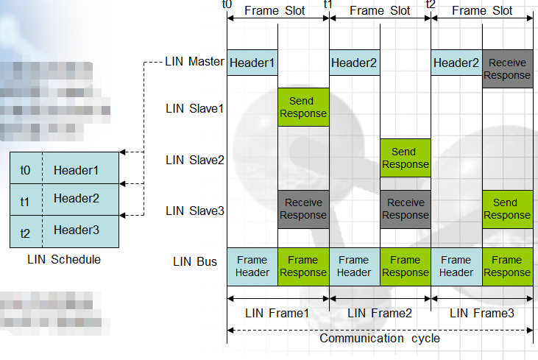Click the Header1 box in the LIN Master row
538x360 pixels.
pyautogui.click(x=252, y=63)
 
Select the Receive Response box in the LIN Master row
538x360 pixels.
pyautogui.click(x=507, y=69)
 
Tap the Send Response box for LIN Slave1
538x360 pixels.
pyautogui.click(x=302, y=107)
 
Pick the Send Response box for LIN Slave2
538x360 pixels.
pyautogui.click(x=405, y=158)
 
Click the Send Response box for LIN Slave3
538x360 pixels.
pyautogui.click(x=507, y=209)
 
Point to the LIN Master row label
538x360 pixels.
pyautogui.click(x=194, y=62)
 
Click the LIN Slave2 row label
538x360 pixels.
pyautogui.click(x=194, y=160)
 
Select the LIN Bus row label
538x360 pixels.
pyautogui.click(x=195, y=261)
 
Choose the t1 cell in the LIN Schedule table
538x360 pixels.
pyautogui.click(x=26, y=200)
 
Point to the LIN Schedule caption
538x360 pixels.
pyautogui.click(x=64, y=259)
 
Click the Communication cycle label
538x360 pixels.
pyautogui.click(x=380, y=339)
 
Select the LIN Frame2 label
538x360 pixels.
pyautogui.click(x=379, y=313)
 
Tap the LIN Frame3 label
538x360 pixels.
pyautogui.click(x=481, y=313)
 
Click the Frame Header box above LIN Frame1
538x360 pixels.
pyautogui.click(x=252, y=266)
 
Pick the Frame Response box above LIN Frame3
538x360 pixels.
pyautogui.click(x=507, y=266)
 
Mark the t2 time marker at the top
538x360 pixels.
pyautogui.click(x=431, y=5)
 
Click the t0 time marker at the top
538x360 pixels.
pyautogui.click(x=227, y=5)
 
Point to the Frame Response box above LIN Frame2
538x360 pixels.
pyautogui.click(x=405, y=266)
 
